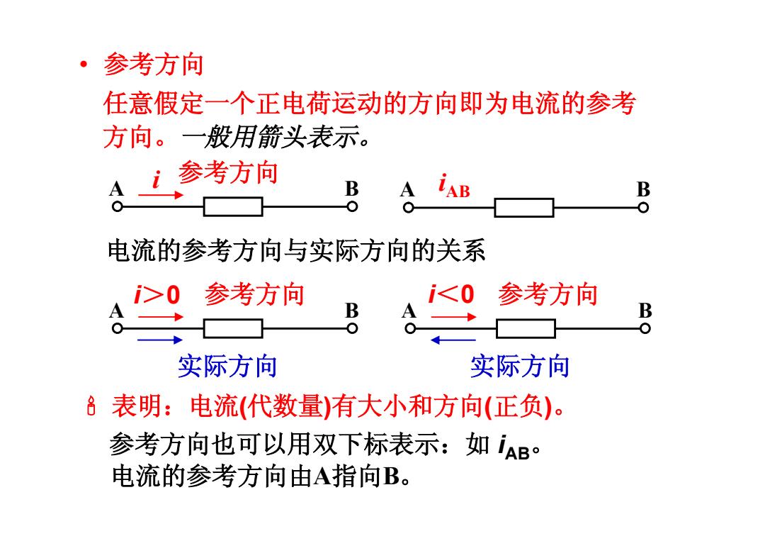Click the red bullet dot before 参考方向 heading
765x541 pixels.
click(84, 64)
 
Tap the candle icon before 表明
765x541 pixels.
click(91, 406)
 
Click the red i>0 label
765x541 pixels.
click(157, 295)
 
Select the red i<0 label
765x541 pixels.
click(451, 294)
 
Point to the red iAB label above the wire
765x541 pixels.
click(454, 186)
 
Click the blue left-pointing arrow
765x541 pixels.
click(453, 340)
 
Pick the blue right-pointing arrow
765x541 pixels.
click(160, 340)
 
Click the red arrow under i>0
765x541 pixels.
click(161, 317)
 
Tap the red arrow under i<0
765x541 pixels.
click(454, 317)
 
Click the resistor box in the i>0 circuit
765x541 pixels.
click(233, 328)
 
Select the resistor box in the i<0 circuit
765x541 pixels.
click(526, 328)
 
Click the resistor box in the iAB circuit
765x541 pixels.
click(524, 208)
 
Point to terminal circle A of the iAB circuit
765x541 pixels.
click(409, 208)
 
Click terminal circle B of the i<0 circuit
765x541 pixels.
click(645, 328)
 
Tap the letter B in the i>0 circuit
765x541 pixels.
click(352, 311)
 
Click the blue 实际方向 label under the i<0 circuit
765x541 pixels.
click(520, 366)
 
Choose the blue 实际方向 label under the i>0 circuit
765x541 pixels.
click(227, 366)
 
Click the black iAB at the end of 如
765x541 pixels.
click(514, 447)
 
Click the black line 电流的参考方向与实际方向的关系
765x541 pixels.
click(297, 251)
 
